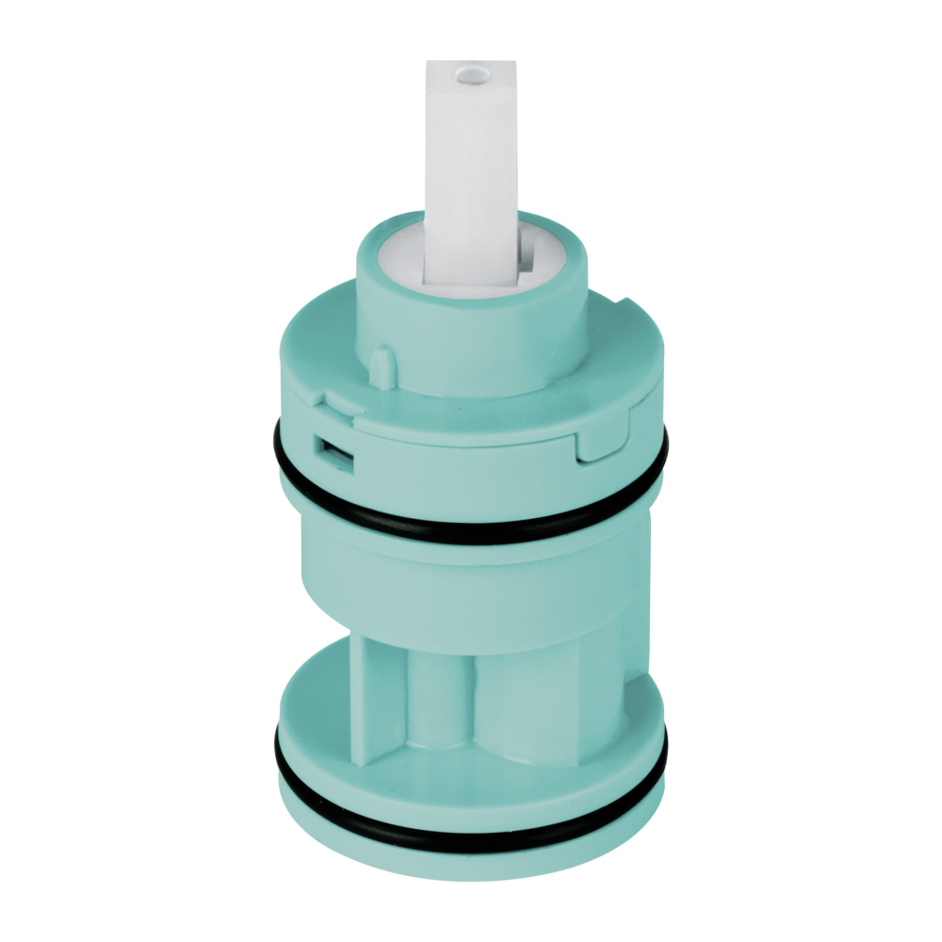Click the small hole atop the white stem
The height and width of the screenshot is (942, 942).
pyautogui.click(x=469, y=70)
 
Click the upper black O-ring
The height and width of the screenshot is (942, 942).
pyautogui.click(x=471, y=523)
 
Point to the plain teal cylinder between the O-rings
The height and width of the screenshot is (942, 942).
pyautogui.click(x=471, y=584)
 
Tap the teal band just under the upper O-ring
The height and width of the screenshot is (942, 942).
pyautogui.click(x=471, y=546)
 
